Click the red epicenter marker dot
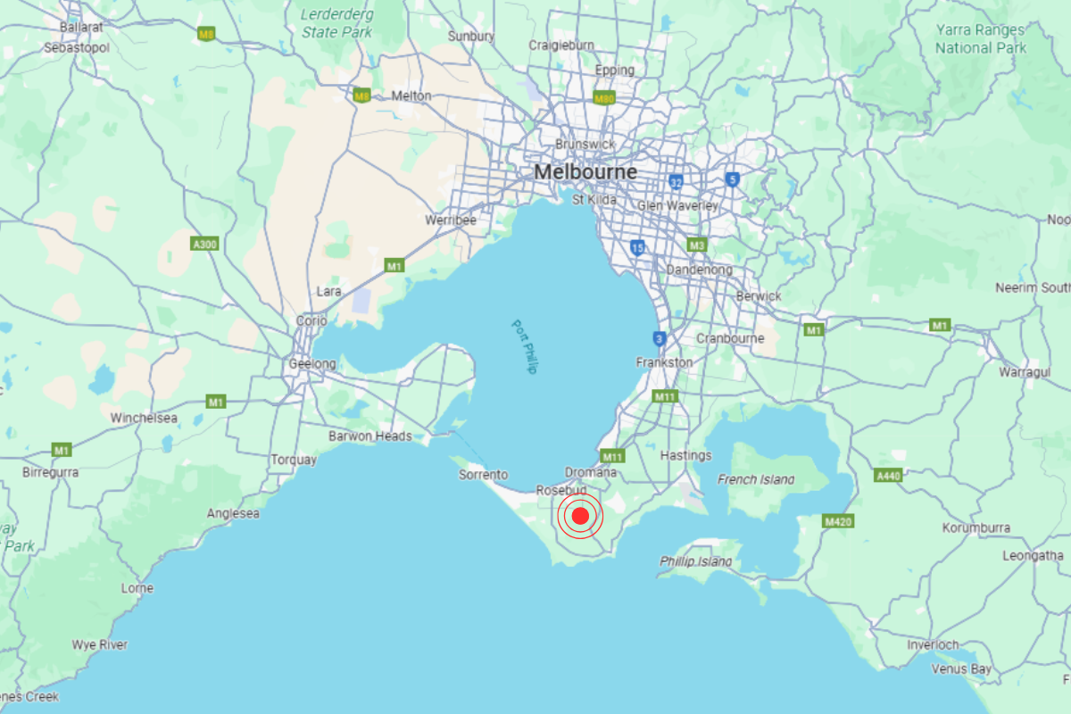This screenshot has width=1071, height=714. (x=580, y=516)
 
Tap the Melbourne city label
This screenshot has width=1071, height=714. (x=585, y=171)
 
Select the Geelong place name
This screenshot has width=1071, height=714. (x=312, y=364)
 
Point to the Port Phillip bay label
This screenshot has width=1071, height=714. (x=525, y=346)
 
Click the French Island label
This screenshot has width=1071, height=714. (x=755, y=479)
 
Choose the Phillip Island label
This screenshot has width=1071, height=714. (x=696, y=561)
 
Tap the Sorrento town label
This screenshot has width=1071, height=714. (x=483, y=475)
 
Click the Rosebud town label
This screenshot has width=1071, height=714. (x=560, y=491)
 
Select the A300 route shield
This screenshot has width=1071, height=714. (x=204, y=244)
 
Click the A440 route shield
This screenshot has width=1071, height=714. (x=888, y=477)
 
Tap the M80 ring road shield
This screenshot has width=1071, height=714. (x=604, y=99)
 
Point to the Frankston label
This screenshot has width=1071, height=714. (x=664, y=362)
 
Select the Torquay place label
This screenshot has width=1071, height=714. (x=294, y=460)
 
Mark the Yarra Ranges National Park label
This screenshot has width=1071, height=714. (x=981, y=39)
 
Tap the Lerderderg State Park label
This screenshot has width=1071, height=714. (x=339, y=23)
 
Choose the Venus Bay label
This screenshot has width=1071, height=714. (x=961, y=668)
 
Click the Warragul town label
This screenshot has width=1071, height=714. (x=1025, y=371)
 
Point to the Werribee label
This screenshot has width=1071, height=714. (x=451, y=220)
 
